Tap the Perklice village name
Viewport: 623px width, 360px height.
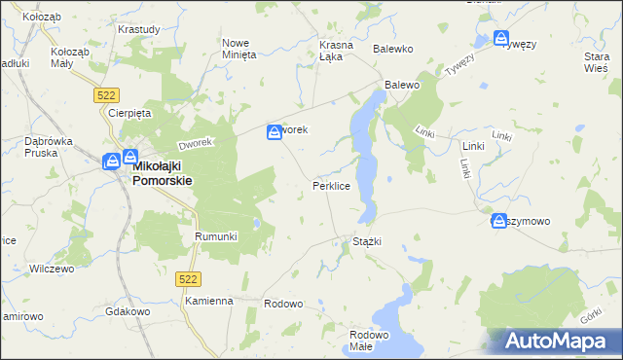point(331,184)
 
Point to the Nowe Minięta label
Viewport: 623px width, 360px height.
point(239,49)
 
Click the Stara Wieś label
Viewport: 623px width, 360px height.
point(596,62)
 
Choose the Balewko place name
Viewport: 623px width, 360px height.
point(394,48)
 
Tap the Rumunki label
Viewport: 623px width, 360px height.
point(216,236)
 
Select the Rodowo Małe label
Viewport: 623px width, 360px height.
point(369,341)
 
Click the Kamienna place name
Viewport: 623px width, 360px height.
point(209,302)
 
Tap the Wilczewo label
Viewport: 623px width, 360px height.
point(53,269)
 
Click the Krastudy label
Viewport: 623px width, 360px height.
point(138,29)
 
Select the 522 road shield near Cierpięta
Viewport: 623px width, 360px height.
point(107,94)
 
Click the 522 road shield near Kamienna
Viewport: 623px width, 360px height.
point(189,279)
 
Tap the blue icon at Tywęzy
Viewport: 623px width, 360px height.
point(500,40)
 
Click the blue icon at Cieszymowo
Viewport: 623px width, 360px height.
point(499,221)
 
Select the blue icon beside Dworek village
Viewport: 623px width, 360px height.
point(275,129)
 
